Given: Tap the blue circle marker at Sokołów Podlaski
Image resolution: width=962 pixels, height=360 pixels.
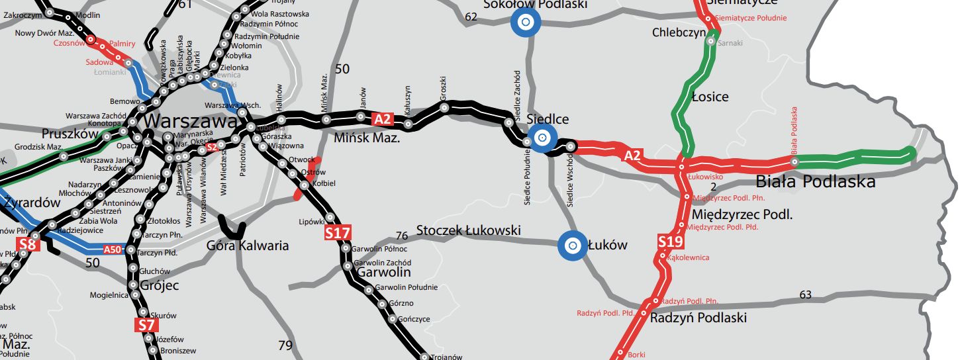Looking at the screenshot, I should (526, 22).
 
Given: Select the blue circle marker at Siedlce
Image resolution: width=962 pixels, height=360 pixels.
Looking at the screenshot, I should (542, 138).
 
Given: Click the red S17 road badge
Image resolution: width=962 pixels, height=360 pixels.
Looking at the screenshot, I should (338, 233).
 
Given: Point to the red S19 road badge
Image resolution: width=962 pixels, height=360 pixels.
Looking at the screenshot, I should (671, 242).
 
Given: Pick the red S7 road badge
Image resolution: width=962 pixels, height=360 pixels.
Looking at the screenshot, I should (146, 325).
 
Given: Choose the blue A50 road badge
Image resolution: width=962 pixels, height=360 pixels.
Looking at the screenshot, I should (114, 249).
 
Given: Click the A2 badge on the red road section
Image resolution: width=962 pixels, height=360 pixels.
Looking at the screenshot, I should (633, 156).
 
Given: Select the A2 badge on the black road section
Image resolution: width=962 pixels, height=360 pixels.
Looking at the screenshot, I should (383, 120).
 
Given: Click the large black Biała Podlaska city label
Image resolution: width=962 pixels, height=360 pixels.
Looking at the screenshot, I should (816, 181).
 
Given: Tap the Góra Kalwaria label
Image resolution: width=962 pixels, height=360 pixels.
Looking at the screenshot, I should (248, 246).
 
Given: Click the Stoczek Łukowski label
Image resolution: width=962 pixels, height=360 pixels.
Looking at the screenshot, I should (469, 231).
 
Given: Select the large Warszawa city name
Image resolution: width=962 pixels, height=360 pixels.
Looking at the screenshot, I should (189, 122).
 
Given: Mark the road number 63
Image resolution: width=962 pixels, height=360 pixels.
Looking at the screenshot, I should (805, 294).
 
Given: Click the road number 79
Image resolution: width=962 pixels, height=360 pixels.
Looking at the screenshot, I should (285, 345).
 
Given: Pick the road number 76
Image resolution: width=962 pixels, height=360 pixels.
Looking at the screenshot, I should (401, 236).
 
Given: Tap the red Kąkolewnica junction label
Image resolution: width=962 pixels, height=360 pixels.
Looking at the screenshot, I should (689, 257).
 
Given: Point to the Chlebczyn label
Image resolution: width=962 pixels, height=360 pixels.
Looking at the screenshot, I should (678, 32).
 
